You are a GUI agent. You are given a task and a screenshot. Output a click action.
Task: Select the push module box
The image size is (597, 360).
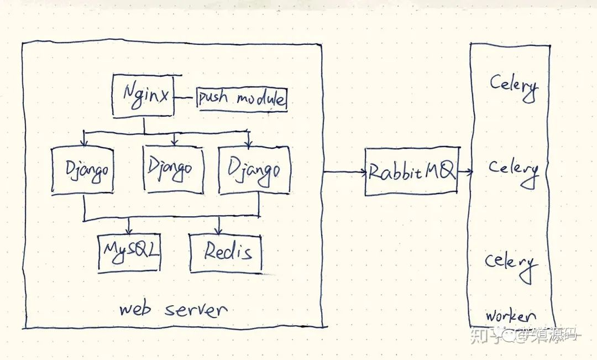click(x=242, y=100)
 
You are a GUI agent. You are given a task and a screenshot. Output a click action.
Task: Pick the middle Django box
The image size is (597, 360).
click(x=173, y=167)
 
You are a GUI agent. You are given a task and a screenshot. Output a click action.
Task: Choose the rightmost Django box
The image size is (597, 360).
click(x=254, y=170)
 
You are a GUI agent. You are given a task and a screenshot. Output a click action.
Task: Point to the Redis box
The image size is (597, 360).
click(x=226, y=252)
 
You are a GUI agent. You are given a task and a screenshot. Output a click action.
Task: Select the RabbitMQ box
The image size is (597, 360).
click(x=411, y=172)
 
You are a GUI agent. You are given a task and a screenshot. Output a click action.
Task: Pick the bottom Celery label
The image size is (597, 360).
click(x=511, y=262)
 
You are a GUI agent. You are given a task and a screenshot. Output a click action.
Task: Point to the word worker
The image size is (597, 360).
click(x=507, y=316)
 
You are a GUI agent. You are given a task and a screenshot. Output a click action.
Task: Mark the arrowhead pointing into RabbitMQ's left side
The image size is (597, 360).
click(x=363, y=172)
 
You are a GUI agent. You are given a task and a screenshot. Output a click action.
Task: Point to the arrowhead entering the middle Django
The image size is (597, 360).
click(x=174, y=143)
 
